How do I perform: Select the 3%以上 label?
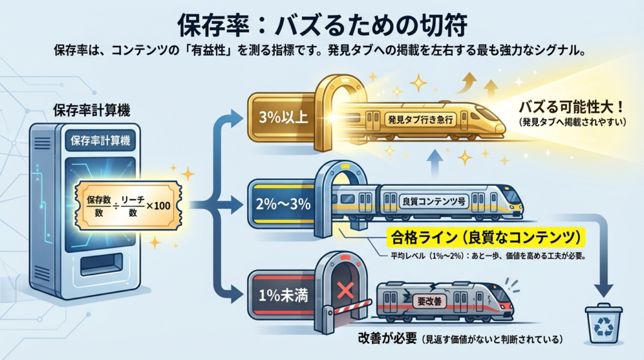pyautogui.click(x=281, y=118)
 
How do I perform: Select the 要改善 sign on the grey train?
pyautogui.click(x=430, y=301)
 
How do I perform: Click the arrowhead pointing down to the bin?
pyautogui.click(x=603, y=290)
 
